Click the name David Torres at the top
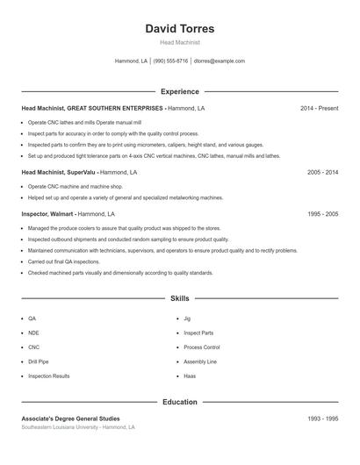[x=179, y=28]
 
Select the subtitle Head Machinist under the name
[x=179, y=42]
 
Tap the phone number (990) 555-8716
[x=170, y=61]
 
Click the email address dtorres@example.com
[x=219, y=61]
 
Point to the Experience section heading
[x=179, y=91]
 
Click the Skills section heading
[x=179, y=298]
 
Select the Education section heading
[x=179, y=402]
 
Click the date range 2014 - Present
[x=319, y=108]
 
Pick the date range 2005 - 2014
[x=322, y=173]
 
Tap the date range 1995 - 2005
[x=322, y=213]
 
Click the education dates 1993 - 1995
[x=322, y=418]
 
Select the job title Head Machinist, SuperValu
[x=58, y=173]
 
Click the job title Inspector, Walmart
[x=47, y=213]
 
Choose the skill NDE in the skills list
[x=33, y=333]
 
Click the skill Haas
[x=190, y=376]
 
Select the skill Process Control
[x=201, y=347]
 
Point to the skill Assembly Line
[x=199, y=361]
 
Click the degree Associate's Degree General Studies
[x=70, y=418]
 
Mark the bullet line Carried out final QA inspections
[x=63, y=261]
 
